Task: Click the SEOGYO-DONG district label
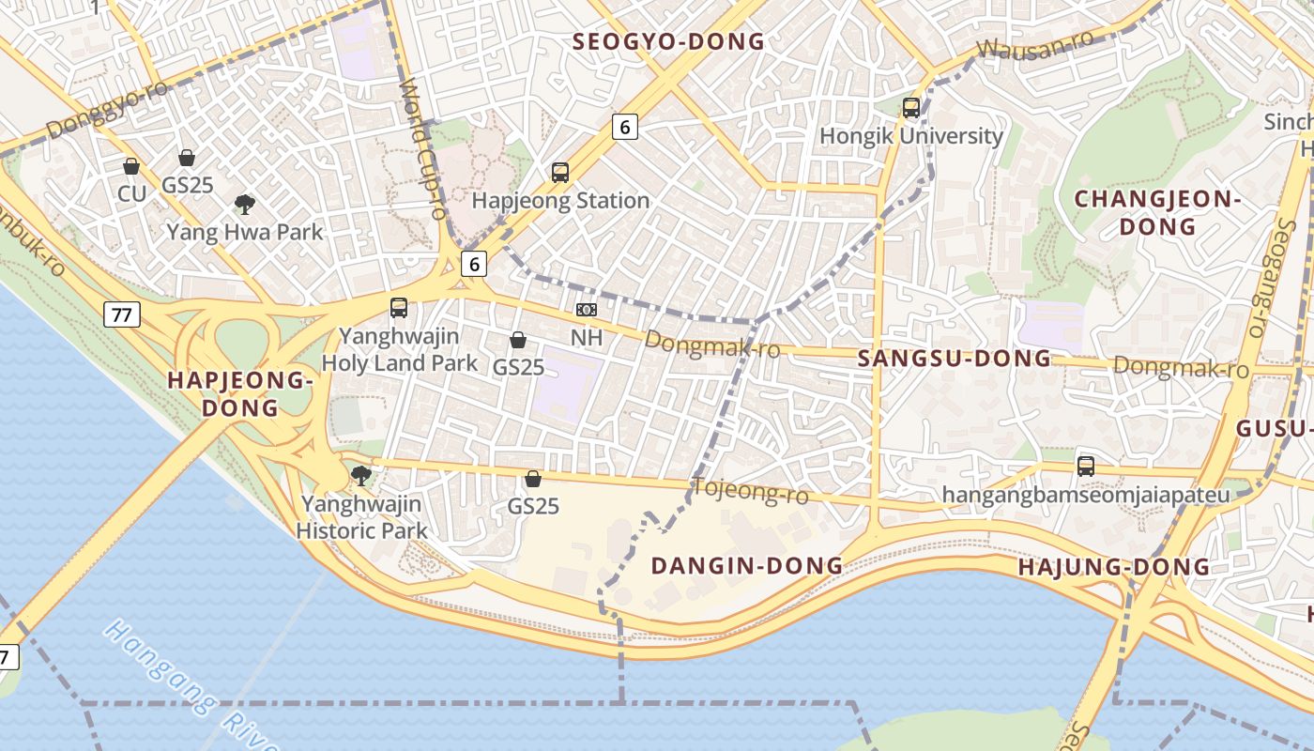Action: [x=668, y=41]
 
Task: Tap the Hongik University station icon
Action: [x=910, y=107]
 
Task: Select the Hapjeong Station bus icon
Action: [x=560, y=172]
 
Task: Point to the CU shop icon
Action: [x=131, y=166]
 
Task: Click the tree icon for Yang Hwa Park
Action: [x=245, y=204]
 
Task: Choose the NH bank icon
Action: [x=587, y=310]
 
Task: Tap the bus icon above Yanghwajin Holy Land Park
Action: [x=399, y=307]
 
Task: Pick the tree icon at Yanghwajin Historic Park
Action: [x=360, y=476]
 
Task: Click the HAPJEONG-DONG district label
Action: [x=238, y=394]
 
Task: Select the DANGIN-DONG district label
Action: [x=747, y=565]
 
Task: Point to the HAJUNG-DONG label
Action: [x=1114, y=567]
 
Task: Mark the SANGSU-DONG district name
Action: [x=955, y=358]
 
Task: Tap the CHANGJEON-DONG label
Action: [x=1157, y=212]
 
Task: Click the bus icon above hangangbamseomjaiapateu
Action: [x=1086, y=466]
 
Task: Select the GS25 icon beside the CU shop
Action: [x=187, y=157]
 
